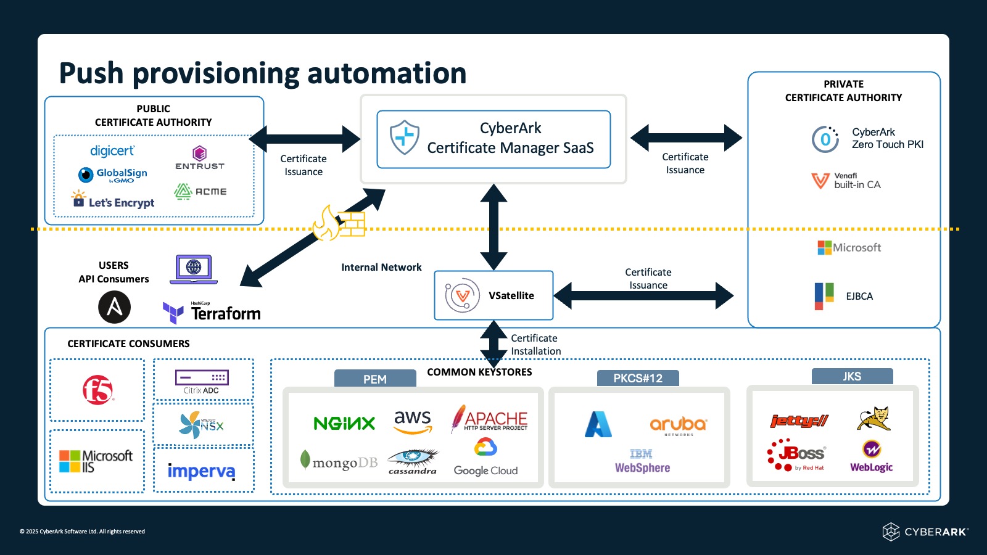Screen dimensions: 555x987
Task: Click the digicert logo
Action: tap(112, 151)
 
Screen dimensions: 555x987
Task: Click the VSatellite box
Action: tap(493, 295)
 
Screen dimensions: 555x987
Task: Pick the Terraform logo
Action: tap(212, 313)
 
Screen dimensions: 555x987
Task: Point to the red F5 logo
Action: tap(98, 390)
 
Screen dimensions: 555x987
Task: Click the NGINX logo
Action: tap(344, 423)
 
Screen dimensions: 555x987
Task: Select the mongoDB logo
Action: tap(339, 462)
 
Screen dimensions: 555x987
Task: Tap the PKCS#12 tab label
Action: tap(638, 378)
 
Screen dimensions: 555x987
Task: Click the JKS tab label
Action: tap(852, 376)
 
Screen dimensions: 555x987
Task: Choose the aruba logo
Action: tap(678, 425)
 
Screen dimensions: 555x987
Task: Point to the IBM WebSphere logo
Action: tap(642, 461)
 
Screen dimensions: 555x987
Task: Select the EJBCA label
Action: tap(859, 297)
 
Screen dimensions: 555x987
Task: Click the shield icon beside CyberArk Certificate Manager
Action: tap(405, 137)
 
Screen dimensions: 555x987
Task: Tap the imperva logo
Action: tap(202, 471)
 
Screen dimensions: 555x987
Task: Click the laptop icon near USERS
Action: tap(194, 269)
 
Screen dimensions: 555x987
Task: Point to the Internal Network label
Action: tap(381, 268)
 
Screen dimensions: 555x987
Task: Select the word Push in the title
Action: tap(91, 73)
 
